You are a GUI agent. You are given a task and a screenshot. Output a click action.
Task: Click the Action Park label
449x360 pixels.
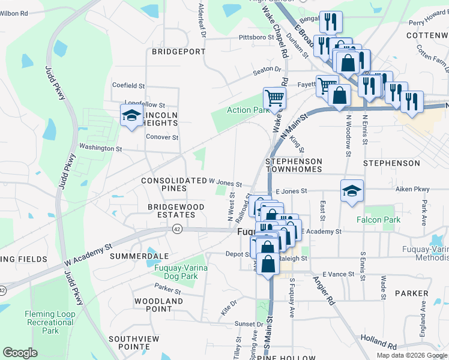[247, 110]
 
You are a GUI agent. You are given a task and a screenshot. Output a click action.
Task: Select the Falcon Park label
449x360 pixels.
[382, 220]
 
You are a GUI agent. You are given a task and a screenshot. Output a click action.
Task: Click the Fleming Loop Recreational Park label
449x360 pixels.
[50, 322]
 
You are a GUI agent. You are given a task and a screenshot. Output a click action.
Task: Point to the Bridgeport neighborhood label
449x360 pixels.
[178, 52]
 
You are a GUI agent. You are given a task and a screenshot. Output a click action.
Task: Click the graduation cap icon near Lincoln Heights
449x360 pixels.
[130, 116]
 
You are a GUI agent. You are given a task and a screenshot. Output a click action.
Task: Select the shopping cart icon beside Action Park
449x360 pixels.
[274, 98]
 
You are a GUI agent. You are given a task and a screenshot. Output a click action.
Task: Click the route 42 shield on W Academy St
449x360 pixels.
[177, 229]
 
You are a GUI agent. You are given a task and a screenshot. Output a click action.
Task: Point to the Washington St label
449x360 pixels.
[100, 148]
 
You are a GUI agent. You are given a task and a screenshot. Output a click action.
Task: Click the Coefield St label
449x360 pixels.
[128, 85]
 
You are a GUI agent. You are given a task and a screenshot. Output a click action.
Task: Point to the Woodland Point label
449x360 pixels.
[158, 305]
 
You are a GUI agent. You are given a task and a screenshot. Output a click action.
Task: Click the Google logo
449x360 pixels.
[20, 353]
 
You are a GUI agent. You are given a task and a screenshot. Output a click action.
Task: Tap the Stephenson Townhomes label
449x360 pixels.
[294, 166]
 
